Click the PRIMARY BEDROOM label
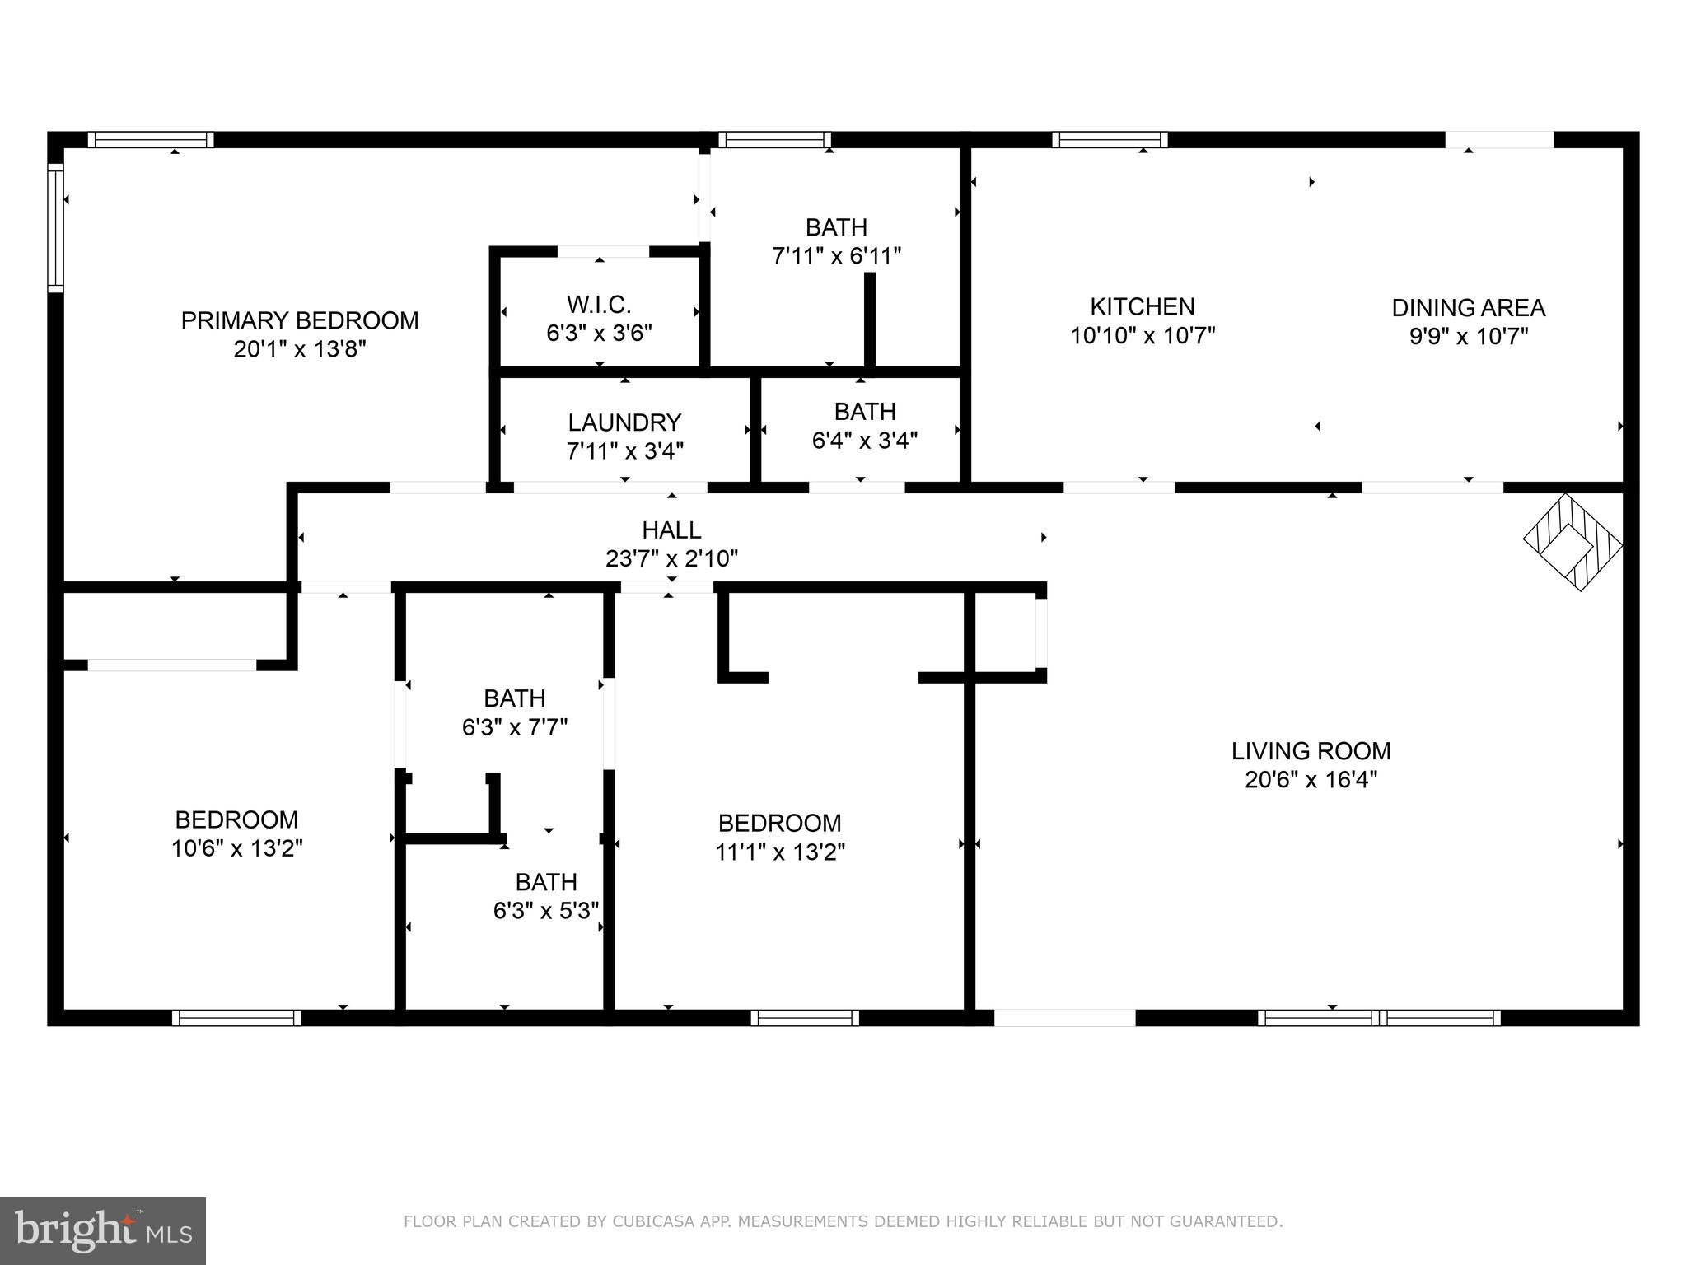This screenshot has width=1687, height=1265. tap(299, 320)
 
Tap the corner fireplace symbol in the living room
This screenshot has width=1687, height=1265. tap(1573, 542)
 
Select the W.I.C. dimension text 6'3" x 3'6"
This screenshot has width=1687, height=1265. tap(599, 334)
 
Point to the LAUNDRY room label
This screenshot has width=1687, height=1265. tap(624, 422)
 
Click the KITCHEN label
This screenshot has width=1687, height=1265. tap(1142, 307)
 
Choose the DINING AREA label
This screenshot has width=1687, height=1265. tap(1468, 308)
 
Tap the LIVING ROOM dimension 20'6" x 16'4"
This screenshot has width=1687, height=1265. tap(1311, 779)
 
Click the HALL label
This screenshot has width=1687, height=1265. tap(671, 530)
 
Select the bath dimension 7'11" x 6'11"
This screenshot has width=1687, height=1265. tap(836, 256)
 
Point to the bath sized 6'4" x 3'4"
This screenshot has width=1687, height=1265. tap(864, 426)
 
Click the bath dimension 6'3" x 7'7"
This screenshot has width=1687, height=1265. tap(515, 727)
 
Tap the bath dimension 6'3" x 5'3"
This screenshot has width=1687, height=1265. tap(545, 911)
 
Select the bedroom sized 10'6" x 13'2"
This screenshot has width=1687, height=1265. tap(236, 833)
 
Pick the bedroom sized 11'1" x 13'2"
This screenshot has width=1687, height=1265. tap(779, 837)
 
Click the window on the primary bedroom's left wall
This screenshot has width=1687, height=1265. tap(55, 227)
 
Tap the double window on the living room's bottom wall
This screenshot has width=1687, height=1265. tap(1379, 1018)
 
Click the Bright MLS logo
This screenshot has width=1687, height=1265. tap(103, 1230)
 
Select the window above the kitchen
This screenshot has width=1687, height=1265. tap(1110, 139)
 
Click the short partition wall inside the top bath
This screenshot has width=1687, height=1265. tap(868, 320)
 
